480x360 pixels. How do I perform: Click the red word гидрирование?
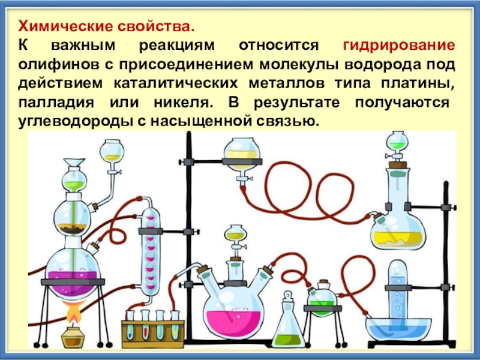pyautogui.click(x=398, y=47)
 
